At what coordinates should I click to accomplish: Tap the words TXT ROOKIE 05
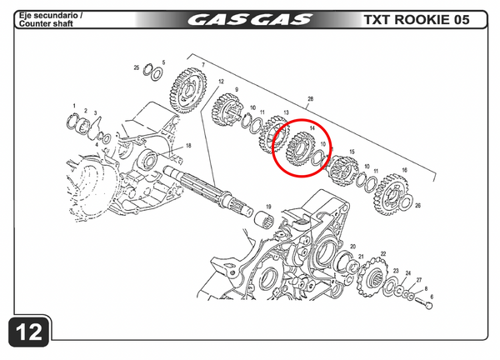pyautogui.click(x=422, y=20)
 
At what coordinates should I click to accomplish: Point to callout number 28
pyautogui.click(x=310, y=99)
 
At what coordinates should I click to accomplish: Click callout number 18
pyautogui.click(x=188, y=146)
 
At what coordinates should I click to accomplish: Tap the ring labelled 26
pyautogui.click(x=410, y=198)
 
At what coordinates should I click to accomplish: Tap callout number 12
pyautogui.click(x=222, y=82)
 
